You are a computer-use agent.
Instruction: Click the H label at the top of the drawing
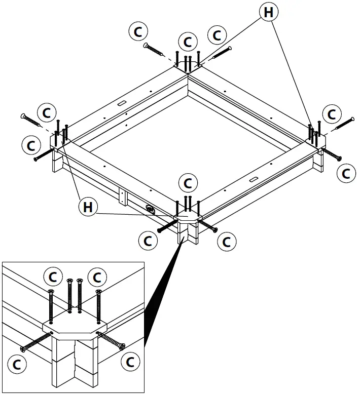tap(268, 12)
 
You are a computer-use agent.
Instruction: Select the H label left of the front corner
tap(88, 206)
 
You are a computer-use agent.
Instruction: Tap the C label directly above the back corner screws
tap(188, 41)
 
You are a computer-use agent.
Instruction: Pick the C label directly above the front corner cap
tap(188, 181)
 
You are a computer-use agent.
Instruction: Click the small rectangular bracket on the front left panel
tap(121, 195)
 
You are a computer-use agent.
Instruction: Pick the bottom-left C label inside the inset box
tap(18, 364)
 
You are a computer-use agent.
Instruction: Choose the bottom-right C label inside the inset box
tap(131, 362)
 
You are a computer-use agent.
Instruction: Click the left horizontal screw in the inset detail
tap(37, 340)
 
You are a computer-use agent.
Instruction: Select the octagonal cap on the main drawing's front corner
tap(188, 219)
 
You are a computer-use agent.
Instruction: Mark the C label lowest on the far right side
tap(346, 173)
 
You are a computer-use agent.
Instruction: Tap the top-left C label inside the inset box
tap(53, 277)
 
